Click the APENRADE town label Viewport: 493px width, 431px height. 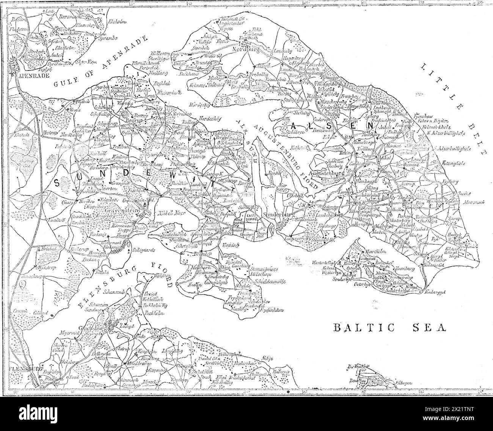[29, 75]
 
